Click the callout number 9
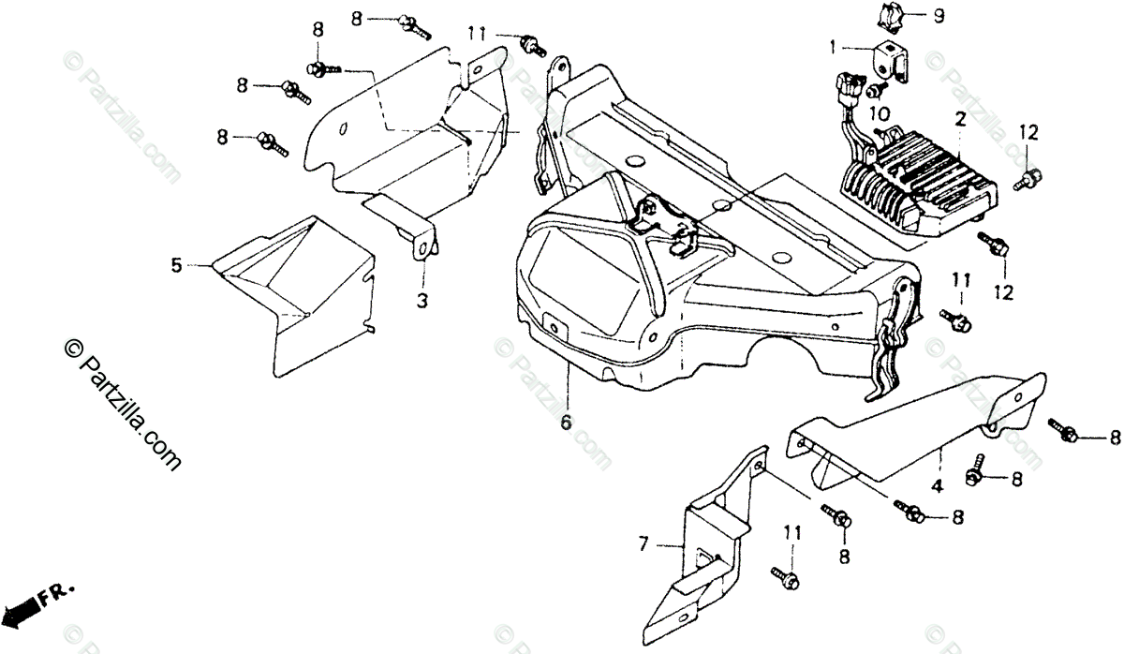[939, 16]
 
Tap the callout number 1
[834, 48]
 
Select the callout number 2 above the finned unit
[960, 120]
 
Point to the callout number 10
[880, 114]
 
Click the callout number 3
[422, 301]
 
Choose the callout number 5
[176, 265]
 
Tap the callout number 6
[566, 423]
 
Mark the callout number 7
[643, 543]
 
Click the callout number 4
[937, 485]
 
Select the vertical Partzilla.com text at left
[122, 405]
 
